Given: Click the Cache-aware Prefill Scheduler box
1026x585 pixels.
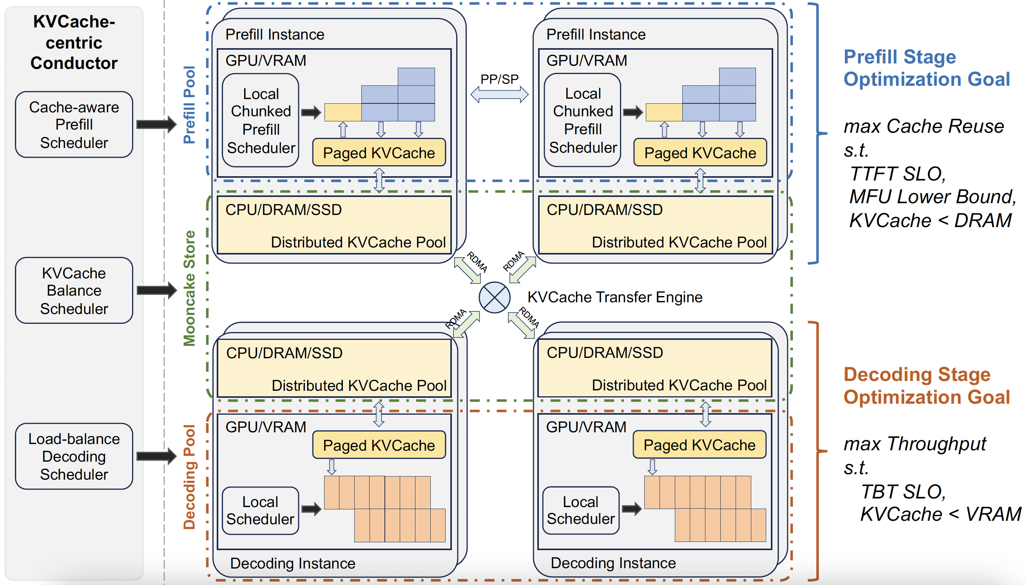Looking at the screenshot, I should (x=74, y=125).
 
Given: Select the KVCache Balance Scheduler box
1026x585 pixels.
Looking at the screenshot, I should (x=74, y=291).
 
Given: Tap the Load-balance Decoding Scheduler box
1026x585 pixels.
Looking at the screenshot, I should (x=74, y=457).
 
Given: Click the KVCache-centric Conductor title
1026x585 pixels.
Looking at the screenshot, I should (x=74, y=42).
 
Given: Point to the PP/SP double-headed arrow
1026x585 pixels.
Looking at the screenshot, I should (x=499, y=95).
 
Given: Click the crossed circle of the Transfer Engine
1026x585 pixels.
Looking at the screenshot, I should (x=495, y=297).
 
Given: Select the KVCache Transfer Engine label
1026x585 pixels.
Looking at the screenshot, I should (x=615, y=297).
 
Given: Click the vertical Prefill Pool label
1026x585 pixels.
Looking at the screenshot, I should (x=189, y=105).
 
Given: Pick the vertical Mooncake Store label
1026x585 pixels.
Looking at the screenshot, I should (x=189, y=288).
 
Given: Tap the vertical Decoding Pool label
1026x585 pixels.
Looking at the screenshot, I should (x=189, y=477).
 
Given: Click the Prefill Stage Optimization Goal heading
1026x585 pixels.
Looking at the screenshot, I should (x=926, y=68).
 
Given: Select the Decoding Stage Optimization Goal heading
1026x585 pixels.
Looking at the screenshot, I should (x=926, y=386).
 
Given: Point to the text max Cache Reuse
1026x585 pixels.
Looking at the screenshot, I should (x=923, y=126).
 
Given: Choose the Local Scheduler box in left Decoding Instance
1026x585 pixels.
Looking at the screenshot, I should (x=261, y=511).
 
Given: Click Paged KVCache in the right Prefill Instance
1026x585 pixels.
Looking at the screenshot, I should (x=700, y=153).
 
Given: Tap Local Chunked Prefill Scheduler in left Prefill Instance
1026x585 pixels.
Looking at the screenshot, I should (x=261, y=121).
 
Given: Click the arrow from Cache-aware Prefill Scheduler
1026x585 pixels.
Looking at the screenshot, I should (x=156, y=124).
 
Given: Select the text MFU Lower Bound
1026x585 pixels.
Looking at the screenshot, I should (x=932, y=197).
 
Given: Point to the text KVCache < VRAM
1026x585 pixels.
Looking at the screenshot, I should (x=940, y=514).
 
